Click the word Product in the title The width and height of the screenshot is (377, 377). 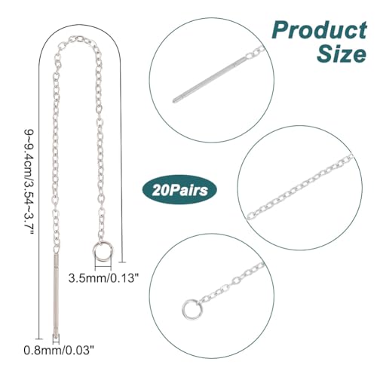click(320, 30)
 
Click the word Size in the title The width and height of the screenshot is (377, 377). click(342, 54)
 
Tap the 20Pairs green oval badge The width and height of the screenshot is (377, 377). click(179, 189)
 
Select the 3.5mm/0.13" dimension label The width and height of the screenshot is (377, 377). click(103, 278)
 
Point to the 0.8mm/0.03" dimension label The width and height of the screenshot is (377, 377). click(59, 350)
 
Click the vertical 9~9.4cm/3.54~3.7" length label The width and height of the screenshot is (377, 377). click(29, 182)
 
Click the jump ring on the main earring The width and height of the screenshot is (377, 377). click(103, 251)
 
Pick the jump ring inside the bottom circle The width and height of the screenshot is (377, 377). click(191, 308)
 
